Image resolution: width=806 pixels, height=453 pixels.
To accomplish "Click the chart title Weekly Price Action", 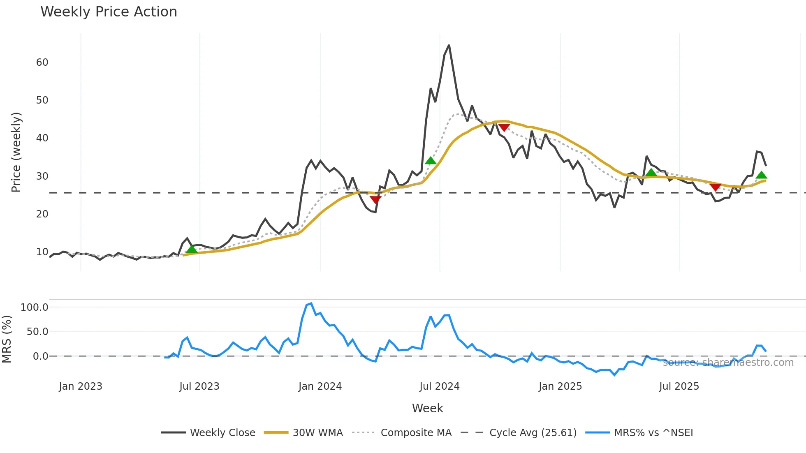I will click(x=109, y=12).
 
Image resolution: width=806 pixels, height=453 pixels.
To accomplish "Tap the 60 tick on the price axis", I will click(x=42, y=62).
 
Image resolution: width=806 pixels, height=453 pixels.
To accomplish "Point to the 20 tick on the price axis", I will click(x=42, y=214).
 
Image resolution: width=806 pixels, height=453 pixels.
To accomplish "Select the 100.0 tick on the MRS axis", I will click(x=35, y=307).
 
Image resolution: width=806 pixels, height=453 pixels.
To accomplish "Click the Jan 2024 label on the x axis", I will click(x=320, y=386).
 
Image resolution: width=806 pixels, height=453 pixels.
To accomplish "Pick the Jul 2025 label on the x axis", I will click(x=679, y=386).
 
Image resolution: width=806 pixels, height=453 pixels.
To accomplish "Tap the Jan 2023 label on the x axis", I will click(x=81, y=386).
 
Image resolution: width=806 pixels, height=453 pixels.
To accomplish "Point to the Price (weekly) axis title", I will click(x=16, y=152).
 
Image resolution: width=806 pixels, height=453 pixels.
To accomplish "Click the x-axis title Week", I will click(x=427, y=408).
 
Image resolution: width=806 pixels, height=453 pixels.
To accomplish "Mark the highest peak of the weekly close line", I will click(x=449, y=45).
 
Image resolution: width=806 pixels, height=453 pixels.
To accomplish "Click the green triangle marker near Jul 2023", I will click(x=192, y=249).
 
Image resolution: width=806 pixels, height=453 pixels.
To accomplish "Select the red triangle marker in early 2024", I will click(x=375, y=200).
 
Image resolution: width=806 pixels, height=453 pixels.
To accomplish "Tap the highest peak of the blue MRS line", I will click(x=311, y=303).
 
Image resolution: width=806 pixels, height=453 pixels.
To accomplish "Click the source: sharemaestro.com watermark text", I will click(x=728, y=363).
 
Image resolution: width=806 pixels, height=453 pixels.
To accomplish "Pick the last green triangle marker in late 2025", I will click(x=761, y=175).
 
